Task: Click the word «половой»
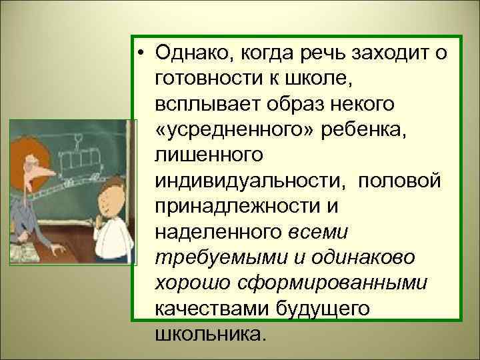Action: pyautogui.click(x=397, y=180)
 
